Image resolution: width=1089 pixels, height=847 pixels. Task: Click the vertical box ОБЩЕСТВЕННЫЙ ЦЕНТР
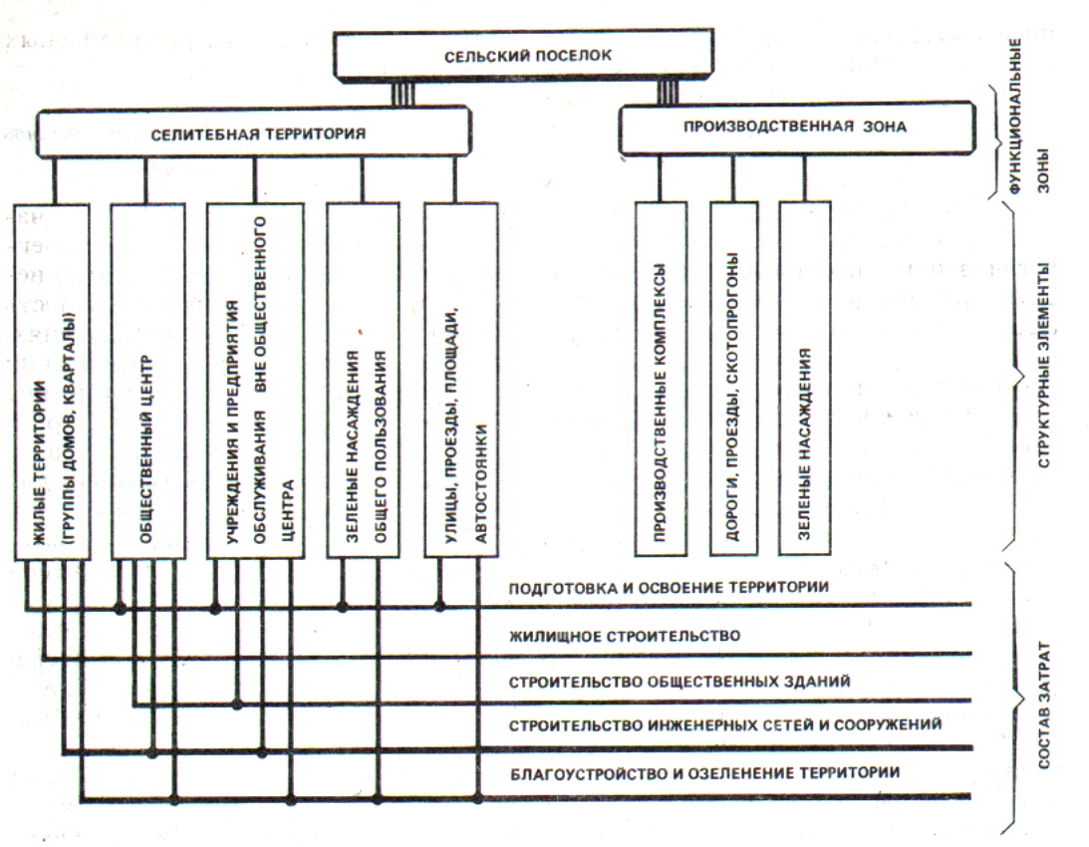[147, 379]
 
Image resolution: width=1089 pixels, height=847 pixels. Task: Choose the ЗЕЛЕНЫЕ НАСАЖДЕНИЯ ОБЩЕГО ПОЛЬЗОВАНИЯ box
[363, 379]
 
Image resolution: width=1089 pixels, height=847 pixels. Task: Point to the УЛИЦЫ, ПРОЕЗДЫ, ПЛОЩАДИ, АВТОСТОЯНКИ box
[460, 379]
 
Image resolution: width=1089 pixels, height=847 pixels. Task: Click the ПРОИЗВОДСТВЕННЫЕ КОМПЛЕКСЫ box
[660, 379]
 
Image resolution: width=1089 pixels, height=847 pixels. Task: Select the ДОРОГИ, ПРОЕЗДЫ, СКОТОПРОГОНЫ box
[733, 379]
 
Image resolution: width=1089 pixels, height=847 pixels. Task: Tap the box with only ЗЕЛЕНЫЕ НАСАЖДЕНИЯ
[805, 379]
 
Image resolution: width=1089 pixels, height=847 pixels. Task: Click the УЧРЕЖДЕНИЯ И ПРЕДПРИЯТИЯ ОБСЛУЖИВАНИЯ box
[256, 379]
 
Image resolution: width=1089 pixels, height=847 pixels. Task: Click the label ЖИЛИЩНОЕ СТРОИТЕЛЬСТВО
[623, 635]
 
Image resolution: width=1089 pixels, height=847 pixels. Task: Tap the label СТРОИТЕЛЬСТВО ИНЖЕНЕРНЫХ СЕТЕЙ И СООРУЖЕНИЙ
[724, 725]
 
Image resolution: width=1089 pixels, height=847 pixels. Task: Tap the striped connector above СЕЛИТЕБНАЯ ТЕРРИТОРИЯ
[402, 95]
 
